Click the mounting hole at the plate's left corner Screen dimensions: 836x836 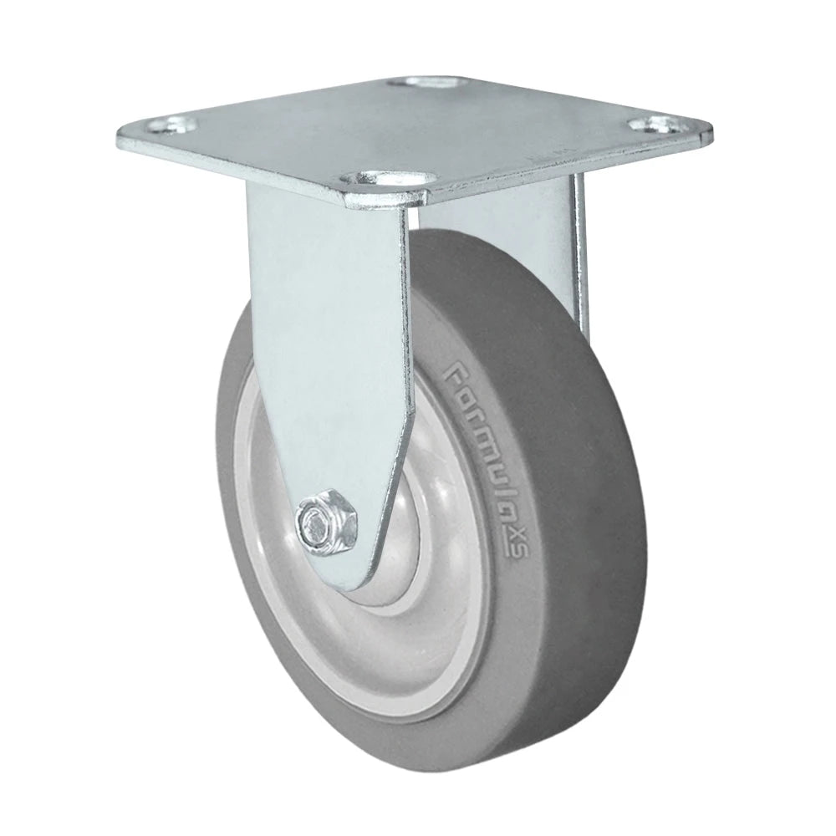point(172,127)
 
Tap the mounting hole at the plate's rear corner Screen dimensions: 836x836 point(428,84)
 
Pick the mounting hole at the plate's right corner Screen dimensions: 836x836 point(654,125)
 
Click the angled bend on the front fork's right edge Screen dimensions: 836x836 point(407,418)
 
